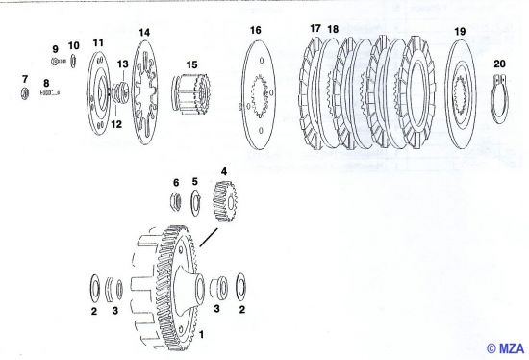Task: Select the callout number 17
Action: click(x=315, y=28)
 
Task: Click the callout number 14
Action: click(x=144, y=33)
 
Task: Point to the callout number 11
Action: click(x=98, y=43)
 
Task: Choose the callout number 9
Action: click(x=55, y=48)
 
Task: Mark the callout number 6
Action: click(x=175, y=182)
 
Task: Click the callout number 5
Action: click(x=194, y=181)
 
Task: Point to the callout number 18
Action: click(x=333, y=29)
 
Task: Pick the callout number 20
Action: click(x=498, y=64)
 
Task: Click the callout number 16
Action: click(x=256, y=31)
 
